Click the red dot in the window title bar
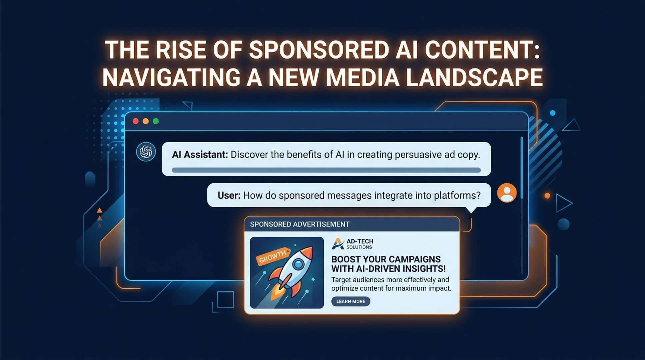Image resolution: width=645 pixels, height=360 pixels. tap(135, 121)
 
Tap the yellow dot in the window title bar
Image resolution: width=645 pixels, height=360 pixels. tap(146, 121)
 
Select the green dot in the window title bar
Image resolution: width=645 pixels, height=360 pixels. tap(156, 121)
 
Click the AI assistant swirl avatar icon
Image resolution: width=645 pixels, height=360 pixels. tap(146, 152)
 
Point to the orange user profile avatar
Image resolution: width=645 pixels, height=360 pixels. tap(507, 193)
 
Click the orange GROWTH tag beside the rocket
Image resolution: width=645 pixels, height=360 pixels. tap(273, 256)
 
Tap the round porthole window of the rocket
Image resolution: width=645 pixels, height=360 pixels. tap(299, 264)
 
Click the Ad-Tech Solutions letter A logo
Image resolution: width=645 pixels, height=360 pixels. tap(338, 244)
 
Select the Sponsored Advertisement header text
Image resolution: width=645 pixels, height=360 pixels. tap(300, 224)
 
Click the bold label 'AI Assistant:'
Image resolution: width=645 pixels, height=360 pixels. tap(200, 155)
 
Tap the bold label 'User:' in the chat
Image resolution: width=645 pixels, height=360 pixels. tap(229, 195)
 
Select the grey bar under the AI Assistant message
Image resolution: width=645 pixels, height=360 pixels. tap(326, 170)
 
